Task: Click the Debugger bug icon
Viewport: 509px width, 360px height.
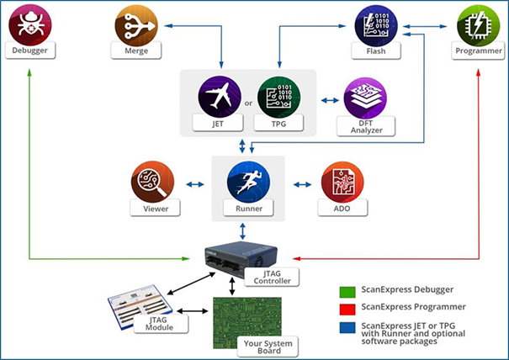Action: click(30, 25)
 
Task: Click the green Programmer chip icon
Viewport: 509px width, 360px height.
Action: click(480, 25)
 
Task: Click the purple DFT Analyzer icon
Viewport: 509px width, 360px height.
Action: click(364, 99)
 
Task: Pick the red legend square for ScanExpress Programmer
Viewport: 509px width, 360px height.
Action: click(344, 309)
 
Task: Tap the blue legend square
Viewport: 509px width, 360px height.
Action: click(344, 325)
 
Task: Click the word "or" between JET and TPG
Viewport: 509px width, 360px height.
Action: click(248, 104)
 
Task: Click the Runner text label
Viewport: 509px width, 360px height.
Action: click(250, 208)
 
